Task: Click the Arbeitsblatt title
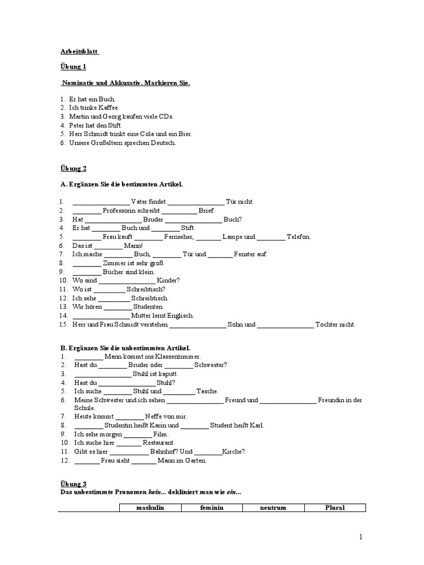[x=79, y=51]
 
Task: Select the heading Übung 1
[x=73, y=67]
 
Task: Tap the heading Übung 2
[x=73, y=168]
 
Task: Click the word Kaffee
[x=108, y=108]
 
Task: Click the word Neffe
[x=155, y=417]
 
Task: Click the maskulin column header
[x=151, y=508]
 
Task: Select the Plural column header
[x=335, y=508]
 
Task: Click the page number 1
[x=361, y=537]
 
